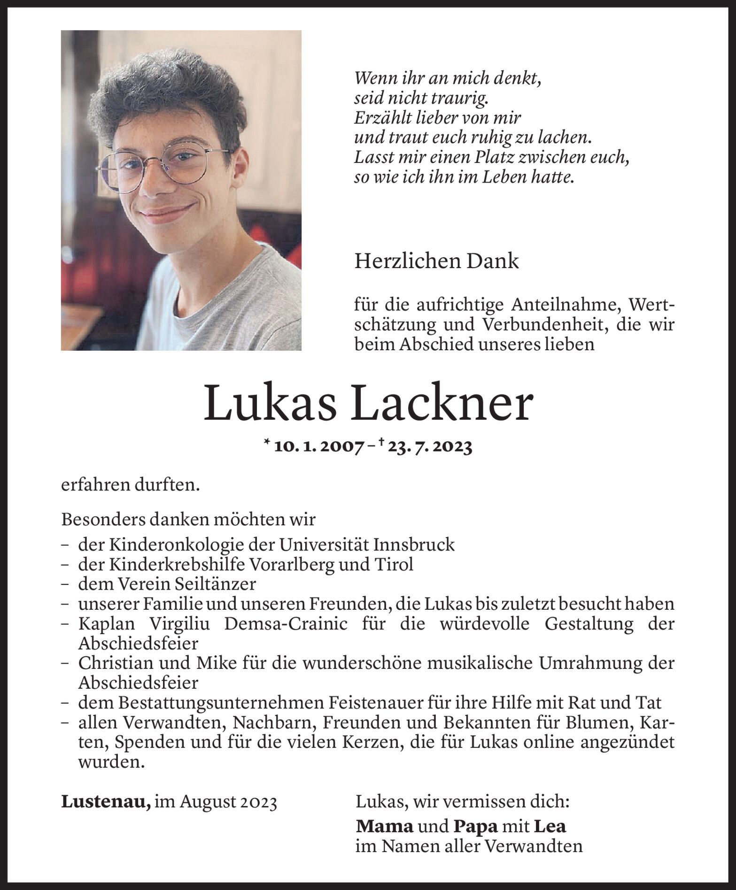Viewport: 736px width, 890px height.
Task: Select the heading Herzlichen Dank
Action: [436, 261]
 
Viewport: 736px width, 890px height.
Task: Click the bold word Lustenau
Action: [106, 802]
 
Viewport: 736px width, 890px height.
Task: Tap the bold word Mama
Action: [385, 826]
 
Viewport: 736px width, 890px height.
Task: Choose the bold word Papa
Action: [475, 826]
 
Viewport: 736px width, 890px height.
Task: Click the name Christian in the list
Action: [116, 663]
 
